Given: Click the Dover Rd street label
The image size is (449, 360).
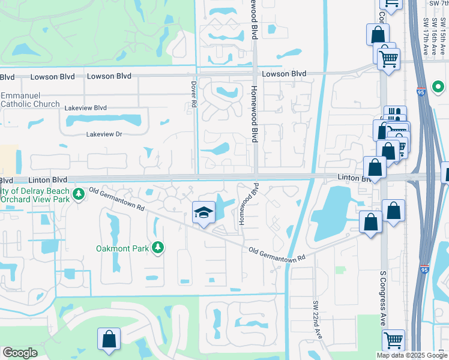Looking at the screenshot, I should click(194, 94).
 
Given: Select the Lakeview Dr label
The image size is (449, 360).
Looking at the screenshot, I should click(104, 134).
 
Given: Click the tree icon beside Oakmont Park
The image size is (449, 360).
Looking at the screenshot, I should click(157, 247).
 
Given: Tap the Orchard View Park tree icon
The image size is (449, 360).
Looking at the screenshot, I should click(78, 194).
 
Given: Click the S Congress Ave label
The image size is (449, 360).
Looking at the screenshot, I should click(382, 298).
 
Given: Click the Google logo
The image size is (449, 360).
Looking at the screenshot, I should click(20, 353).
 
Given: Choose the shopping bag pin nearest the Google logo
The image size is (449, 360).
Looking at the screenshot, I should click(109, 339).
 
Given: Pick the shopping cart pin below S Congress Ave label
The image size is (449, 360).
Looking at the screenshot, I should click(393, 340).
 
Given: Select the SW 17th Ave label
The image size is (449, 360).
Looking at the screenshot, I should click(426, 36).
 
